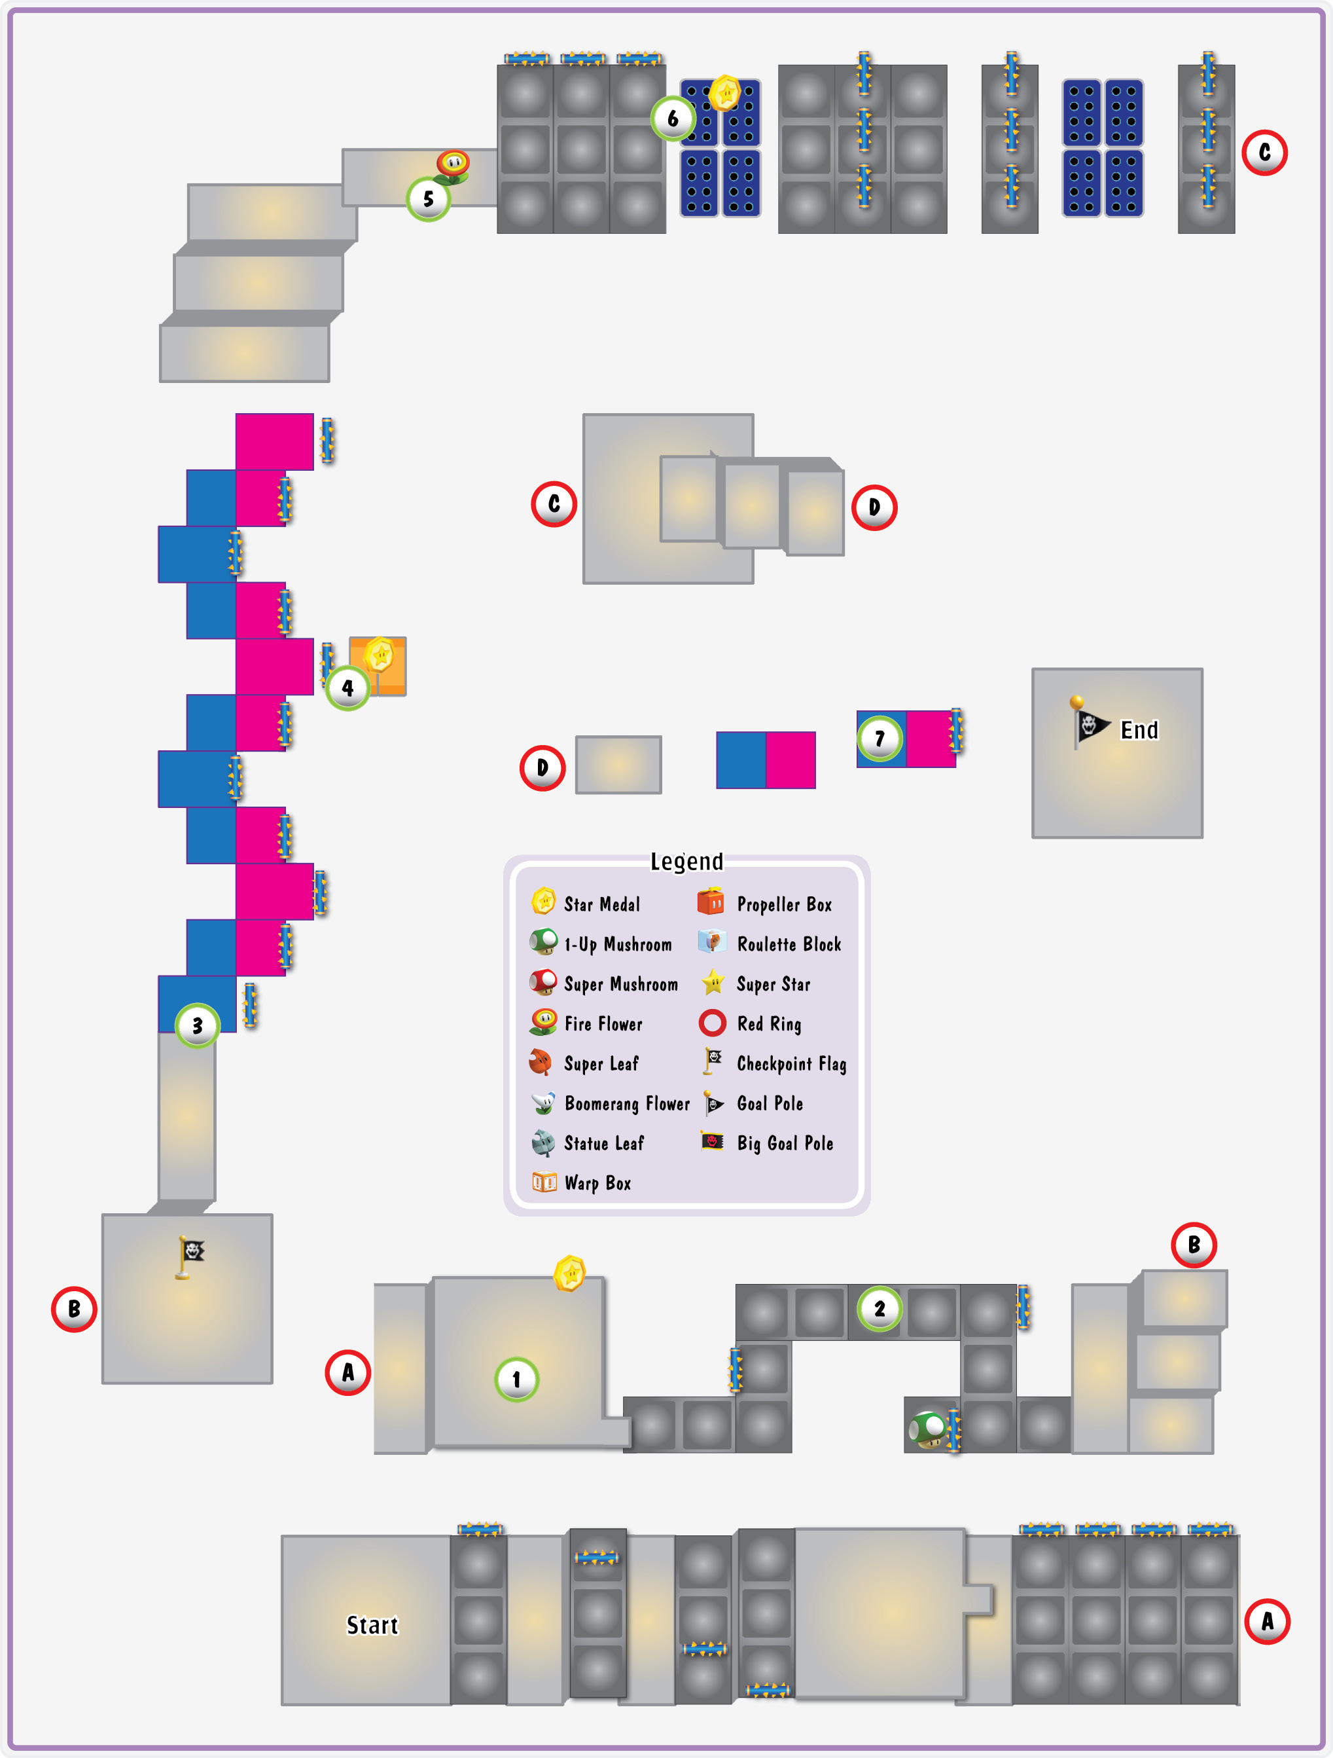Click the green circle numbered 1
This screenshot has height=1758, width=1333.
516,1380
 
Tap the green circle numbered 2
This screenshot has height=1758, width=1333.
880,1309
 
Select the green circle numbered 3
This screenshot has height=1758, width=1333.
197,1026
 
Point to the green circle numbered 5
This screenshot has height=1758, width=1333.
428,198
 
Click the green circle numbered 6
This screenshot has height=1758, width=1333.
673,119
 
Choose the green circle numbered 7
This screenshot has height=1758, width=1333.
880,739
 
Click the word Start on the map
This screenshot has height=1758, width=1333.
372,1625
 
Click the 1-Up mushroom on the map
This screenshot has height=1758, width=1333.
927,1430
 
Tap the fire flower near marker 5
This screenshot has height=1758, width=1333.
452,167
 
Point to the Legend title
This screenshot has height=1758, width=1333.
686,862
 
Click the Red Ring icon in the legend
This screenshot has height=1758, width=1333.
713,1023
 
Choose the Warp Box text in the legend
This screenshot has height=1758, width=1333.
597,1183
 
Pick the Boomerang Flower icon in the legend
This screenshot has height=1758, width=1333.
543,1103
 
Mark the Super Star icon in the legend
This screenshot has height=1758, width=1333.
713,982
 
